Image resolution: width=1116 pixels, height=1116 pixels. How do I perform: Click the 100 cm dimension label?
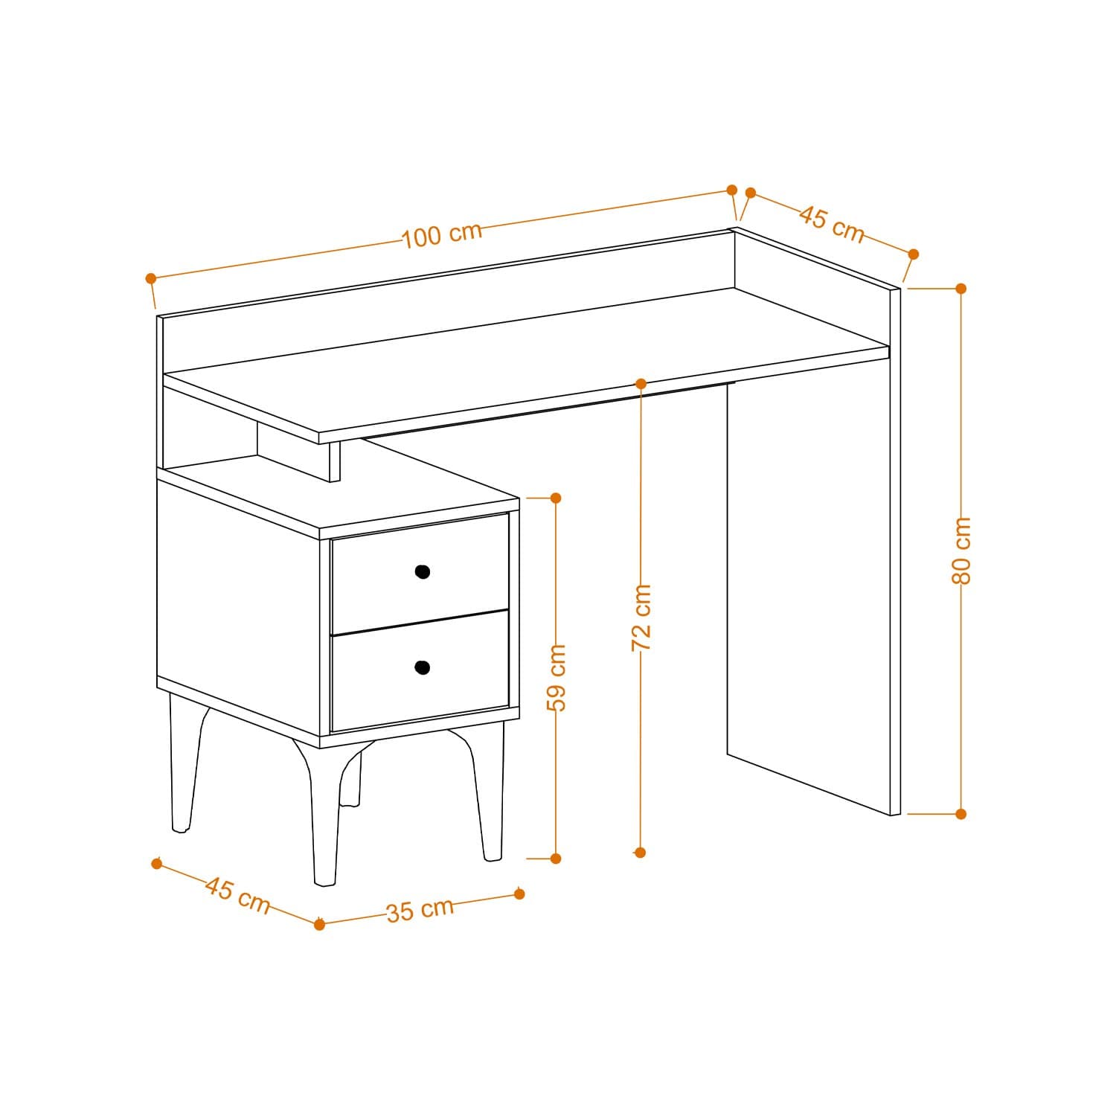pyautogui.click(x=443, y=234)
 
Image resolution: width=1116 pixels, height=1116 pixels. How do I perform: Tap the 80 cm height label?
pyautogui.click(x=961, y=550)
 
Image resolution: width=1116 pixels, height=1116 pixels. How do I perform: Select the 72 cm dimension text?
pyautogui.click(x=641, y=618)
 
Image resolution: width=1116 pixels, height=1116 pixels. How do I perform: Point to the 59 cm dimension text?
pyautogui.click(x=556, y=677)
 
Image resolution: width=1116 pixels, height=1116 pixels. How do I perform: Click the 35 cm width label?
pyautogui.click(x=420, y=910)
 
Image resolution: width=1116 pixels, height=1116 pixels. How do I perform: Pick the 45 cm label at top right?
pyautogui.click(x=832, y=224)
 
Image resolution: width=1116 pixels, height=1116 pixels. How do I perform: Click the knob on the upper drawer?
pyautogui.click(x=423, y=571)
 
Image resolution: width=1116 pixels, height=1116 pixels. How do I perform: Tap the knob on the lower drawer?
pyautogui.click(x=423, y=667)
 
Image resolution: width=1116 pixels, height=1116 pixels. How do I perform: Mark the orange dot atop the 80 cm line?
pyautogui.click(x=961, y=288)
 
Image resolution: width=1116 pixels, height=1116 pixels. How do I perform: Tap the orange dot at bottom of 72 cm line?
pyautogui.click(x=641, y=853)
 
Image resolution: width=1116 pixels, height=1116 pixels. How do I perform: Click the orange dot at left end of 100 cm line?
pyautogui.click(x=151, y=278)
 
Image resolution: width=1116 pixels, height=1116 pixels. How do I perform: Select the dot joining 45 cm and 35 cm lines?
pyautogui.click(x=319, y=924)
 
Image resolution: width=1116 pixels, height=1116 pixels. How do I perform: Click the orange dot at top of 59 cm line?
pyautogui.click(x=555, y=497)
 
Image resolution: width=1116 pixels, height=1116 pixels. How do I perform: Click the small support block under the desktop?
pyautogui.click(x=298, y=450)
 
